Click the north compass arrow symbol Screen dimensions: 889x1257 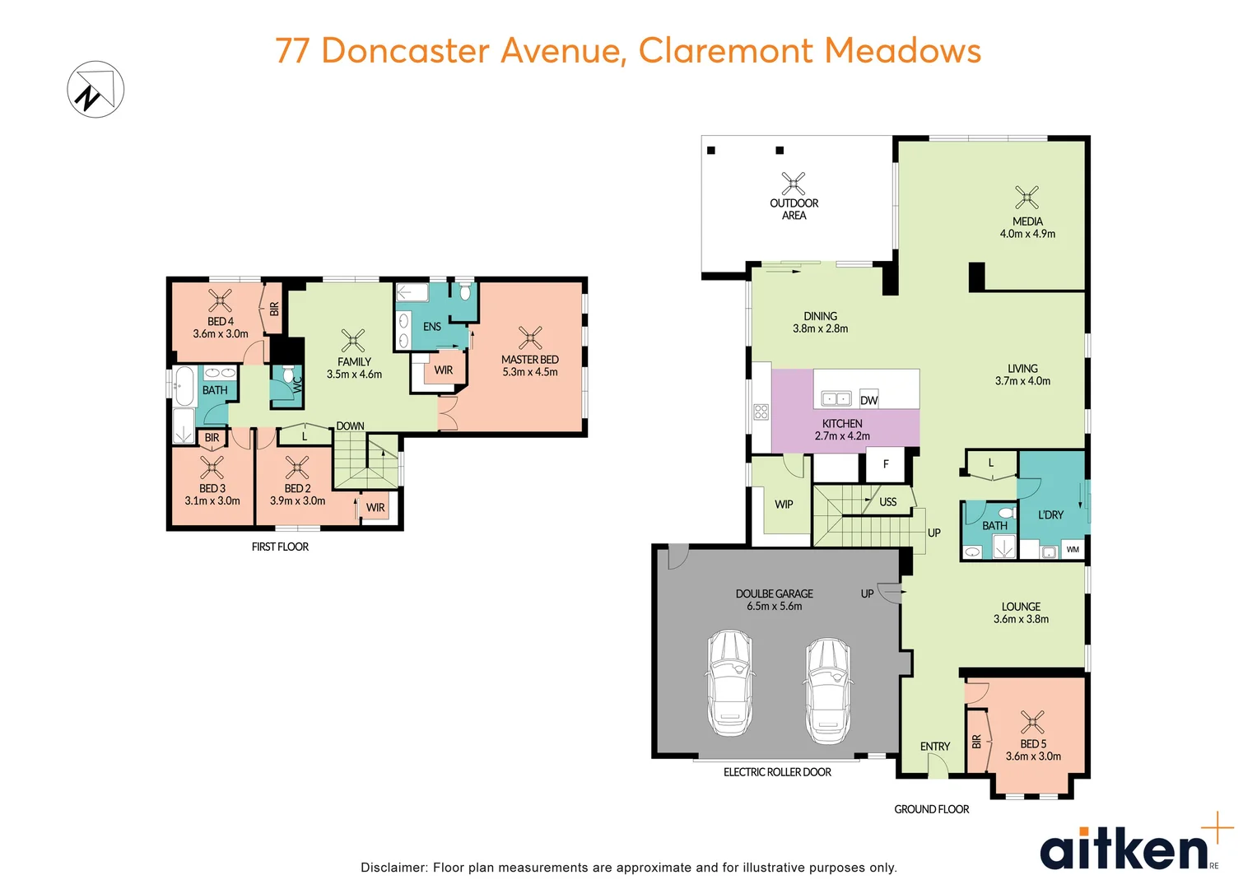click(95, 89)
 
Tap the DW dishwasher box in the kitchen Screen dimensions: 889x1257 click(868, 399)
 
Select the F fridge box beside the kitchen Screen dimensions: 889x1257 click(886, 465)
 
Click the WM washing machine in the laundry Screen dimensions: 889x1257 click(1073, 549)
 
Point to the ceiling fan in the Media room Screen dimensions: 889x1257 click(1027, 198)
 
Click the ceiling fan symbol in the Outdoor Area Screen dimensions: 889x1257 click(794, 184)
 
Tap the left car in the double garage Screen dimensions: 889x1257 click(729, 682)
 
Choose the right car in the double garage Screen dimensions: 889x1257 click(827, 690)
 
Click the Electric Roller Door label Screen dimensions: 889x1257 click(777, 772)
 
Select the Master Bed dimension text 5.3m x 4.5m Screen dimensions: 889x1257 click(530, 372)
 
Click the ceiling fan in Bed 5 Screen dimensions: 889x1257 click(1032, 722)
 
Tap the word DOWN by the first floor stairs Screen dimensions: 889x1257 click(350, 426)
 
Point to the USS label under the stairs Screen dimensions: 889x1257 click(887, 501)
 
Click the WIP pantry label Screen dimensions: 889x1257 click(784, 504)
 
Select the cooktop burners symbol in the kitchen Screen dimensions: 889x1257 click(761, 412)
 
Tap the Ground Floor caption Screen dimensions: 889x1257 click(931, 809)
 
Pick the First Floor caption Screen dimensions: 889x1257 click(280, 547)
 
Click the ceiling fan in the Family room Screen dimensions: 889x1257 click(353, 340)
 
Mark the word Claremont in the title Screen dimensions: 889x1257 click(726, 50)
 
